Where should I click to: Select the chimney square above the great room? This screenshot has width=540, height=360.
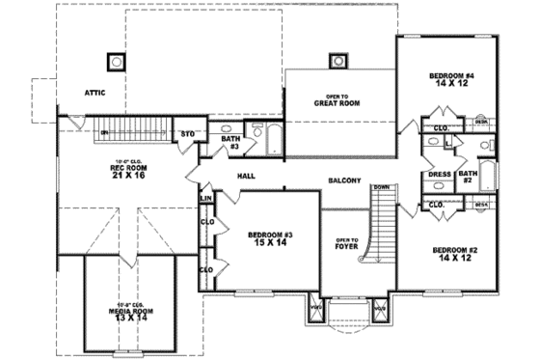coord(337,62)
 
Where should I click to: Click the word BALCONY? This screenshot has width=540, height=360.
coord(344,180)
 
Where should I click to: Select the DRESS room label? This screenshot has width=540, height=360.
coord(438,176)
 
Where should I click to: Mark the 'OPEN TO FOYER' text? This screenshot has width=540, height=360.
coord(346,242)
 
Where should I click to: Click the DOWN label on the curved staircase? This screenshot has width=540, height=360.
coord(381,187)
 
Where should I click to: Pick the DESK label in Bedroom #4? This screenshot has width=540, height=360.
coord(480,123)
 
